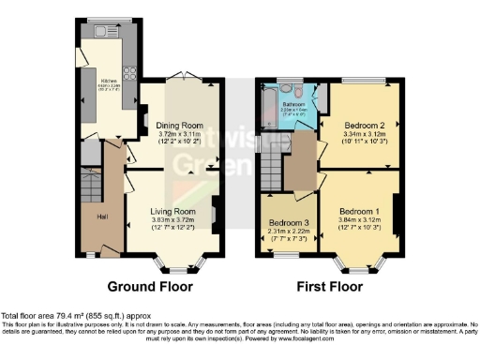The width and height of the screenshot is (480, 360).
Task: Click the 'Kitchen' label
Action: pos(109,82)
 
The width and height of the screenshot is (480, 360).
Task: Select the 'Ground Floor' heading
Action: pos(151,285)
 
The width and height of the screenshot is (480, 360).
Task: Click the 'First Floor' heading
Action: pos(328,285)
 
